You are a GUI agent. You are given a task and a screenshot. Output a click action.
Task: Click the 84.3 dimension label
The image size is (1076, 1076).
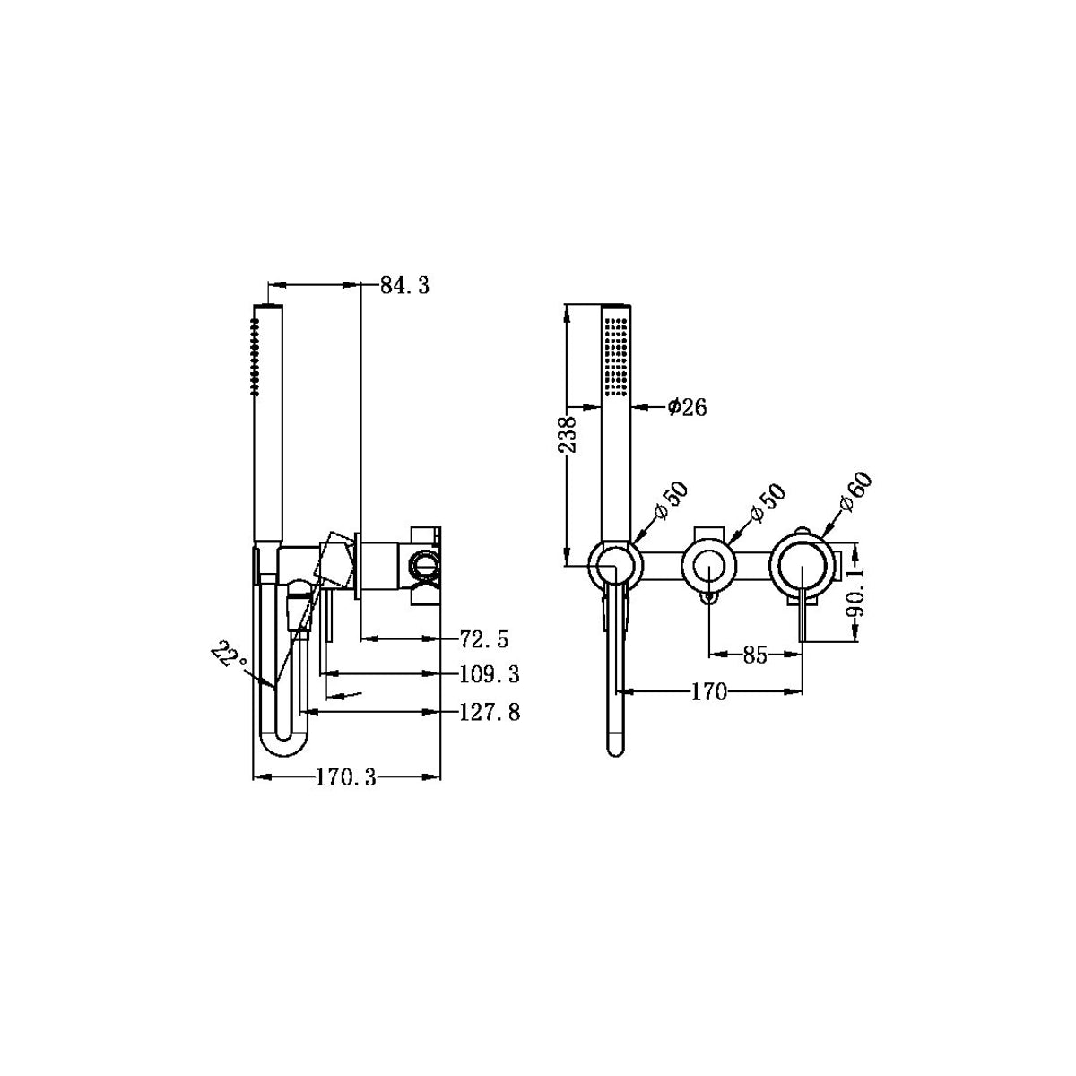click(x=404, y=286)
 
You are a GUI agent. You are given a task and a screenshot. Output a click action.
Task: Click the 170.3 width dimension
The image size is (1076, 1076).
click(x=345, y=777)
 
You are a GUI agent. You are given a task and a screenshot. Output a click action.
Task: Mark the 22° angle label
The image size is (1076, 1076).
click(x=230, y=655)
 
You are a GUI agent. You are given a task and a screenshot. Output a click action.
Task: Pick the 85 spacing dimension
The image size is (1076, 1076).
click(x=755, y=655)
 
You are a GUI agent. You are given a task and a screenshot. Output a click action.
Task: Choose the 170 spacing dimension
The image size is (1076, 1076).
click(x=708, y=691)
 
